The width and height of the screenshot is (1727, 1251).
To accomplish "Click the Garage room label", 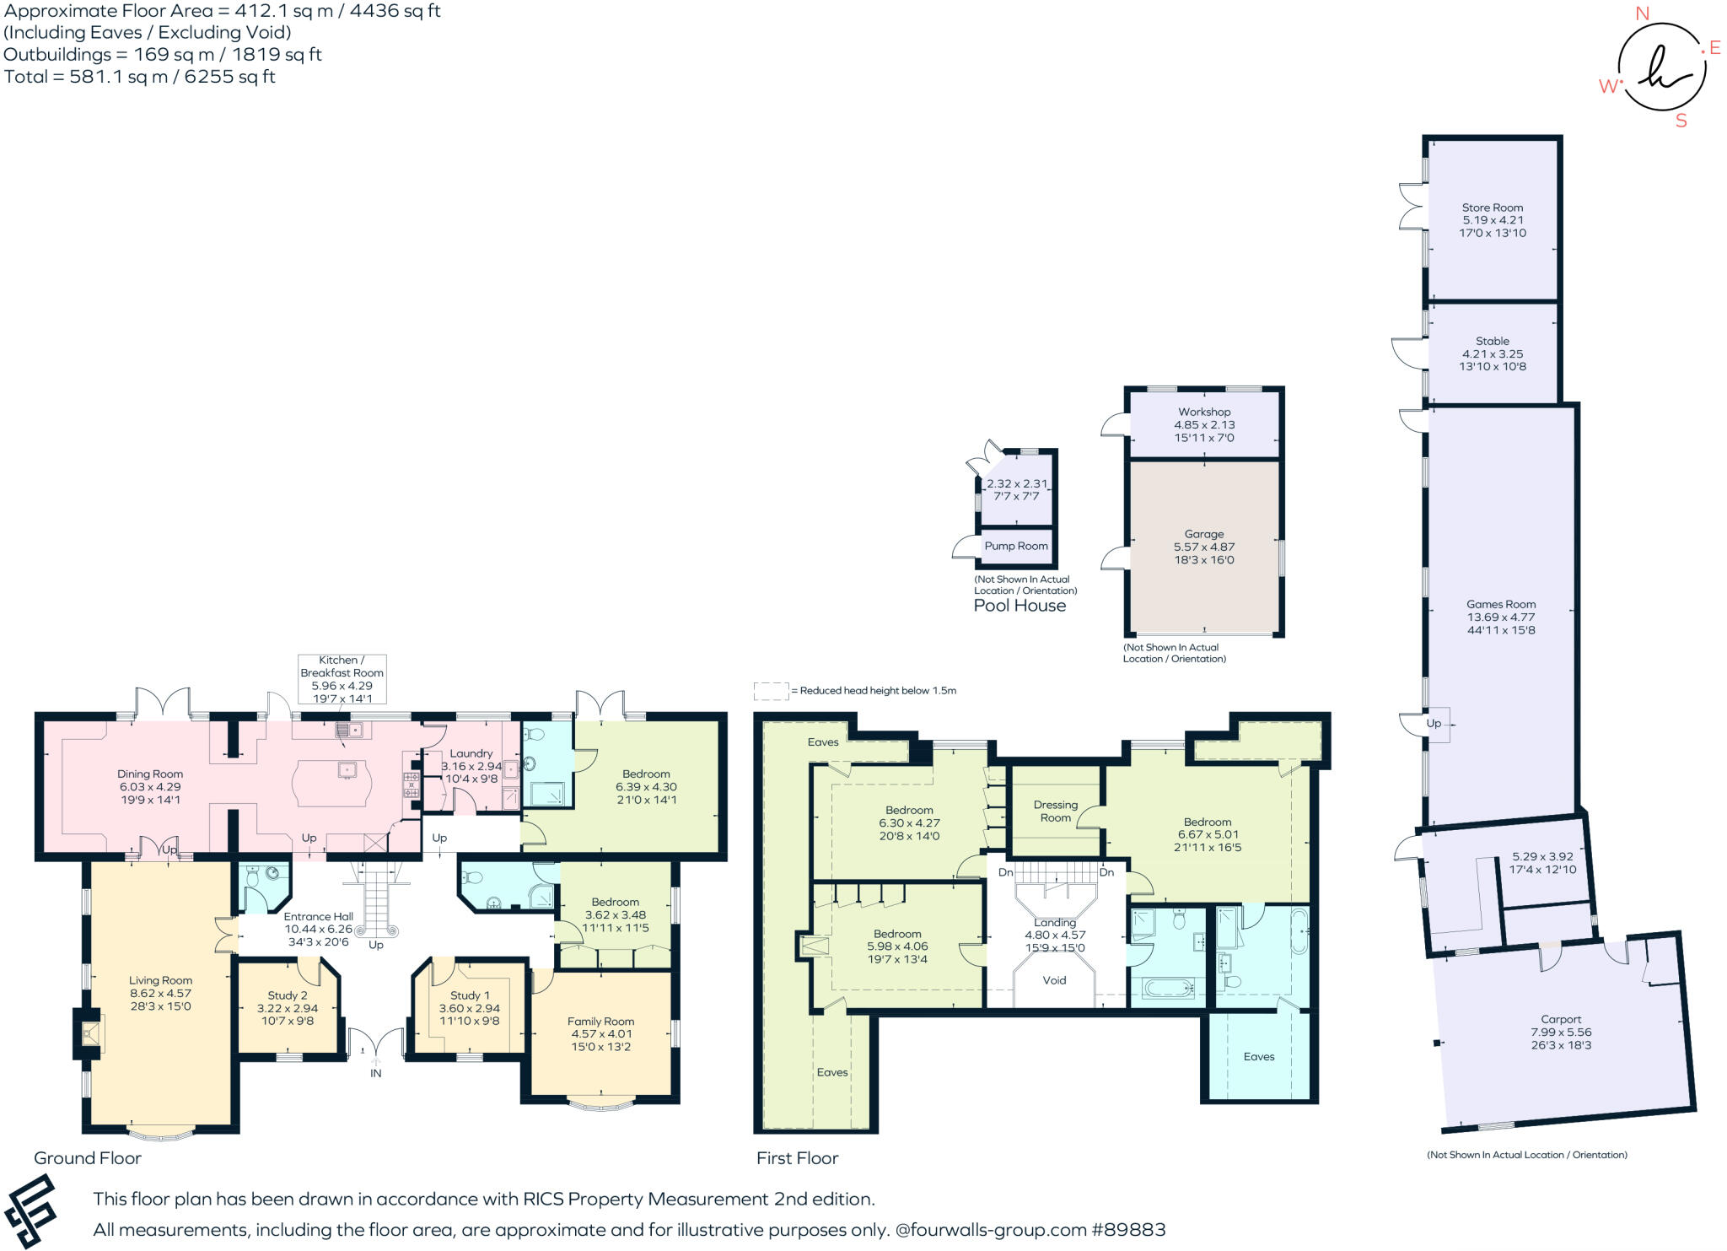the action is [x=1203, y=534].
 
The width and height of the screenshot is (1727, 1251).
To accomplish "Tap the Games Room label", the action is [x=1501, y=604].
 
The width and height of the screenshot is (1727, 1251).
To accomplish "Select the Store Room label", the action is [x=1493, y=208].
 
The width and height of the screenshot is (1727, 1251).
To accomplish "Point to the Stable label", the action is [x=1493, y=342].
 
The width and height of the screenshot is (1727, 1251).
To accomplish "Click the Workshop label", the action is [x=1204, y=413].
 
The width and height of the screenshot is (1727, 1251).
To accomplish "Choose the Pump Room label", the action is [x=1016, y=546].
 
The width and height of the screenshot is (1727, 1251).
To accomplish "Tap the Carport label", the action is [x=1561, y=1019].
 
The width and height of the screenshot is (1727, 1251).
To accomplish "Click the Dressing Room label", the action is [x=1056, y=812].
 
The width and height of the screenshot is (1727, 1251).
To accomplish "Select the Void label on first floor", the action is [x=1054, y=980].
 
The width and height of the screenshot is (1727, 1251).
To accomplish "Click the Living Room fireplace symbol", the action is [x=89, y=1033].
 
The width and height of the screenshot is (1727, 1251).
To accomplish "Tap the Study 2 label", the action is [x=288, y=995].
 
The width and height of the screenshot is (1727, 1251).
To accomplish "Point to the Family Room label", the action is [x=600, y=1022].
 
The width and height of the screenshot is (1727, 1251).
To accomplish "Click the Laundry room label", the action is [x=471, y=753].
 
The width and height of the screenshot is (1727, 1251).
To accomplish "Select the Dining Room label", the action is [x=150, y=774].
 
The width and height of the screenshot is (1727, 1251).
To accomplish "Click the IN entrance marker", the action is [x=376, y=1073].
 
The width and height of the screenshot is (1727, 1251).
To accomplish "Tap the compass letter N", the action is [x=1642, y=13].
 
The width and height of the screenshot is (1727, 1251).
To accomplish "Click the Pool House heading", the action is [x=1020, y=606].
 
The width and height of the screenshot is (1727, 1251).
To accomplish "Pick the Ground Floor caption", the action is [x=88, y=1158].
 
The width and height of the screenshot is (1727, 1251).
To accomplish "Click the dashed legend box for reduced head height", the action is [x=771, y=692].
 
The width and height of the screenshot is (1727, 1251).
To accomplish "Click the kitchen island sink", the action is [x=347, y=769].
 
